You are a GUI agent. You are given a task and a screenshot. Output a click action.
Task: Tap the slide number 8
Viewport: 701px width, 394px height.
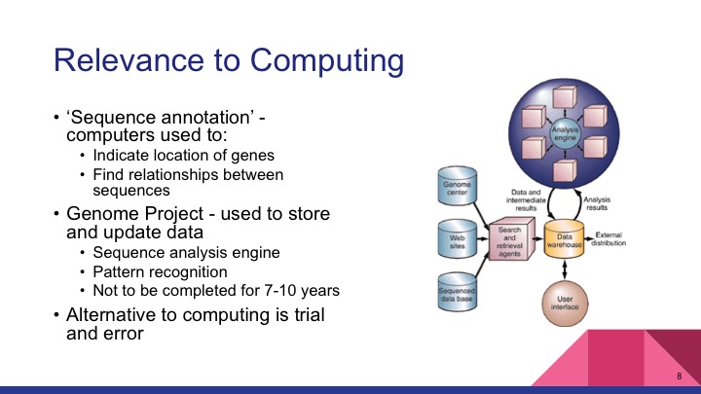click(x=678, y=376)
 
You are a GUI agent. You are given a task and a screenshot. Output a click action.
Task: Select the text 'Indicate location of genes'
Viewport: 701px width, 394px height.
click(x=182, y=156)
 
